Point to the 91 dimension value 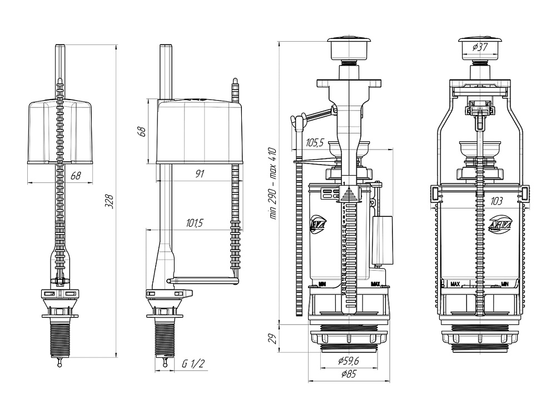pos(200,173)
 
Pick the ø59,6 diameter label pos(349,361)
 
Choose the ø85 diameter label pos(349,374)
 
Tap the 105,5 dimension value pos(314,143)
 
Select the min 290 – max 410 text pos(272,183)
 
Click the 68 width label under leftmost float pos(76,176)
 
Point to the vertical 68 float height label pos(142,131)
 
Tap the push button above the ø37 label pos(480,38)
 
